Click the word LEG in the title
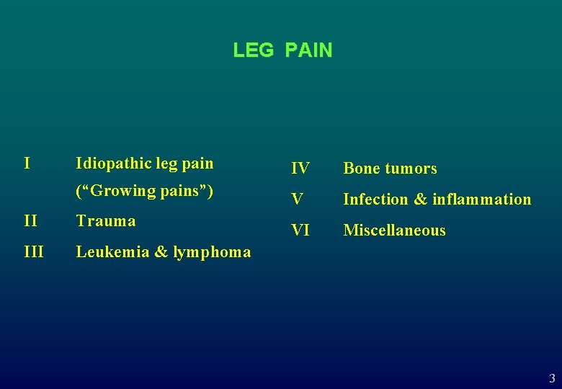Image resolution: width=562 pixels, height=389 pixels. coord(253,50)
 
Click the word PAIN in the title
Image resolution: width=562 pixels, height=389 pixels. coord(308,50)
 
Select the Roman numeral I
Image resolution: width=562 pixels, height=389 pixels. coord(27,163)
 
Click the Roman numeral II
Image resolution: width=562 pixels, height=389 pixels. coord(31,220)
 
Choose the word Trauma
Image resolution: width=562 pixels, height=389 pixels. coord(106,220)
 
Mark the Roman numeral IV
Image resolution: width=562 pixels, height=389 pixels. coord(300,169)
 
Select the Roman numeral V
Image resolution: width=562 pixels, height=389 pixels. coord(297,200)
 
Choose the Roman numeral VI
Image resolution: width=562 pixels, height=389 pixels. coord(300,231)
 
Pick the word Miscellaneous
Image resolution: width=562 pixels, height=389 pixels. coord(394,231)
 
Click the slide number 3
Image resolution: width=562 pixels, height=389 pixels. coord(552,378)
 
